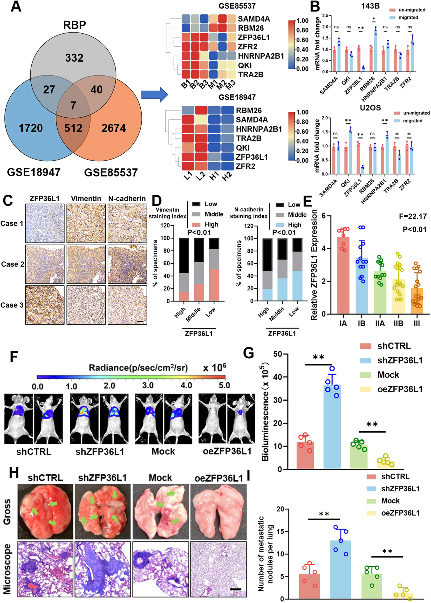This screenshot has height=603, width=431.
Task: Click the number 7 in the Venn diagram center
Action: (73, 106)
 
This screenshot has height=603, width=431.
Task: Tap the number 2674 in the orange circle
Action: (114, 128)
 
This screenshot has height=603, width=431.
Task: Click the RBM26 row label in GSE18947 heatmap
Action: (249, 110)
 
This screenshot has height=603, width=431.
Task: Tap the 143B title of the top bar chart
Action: (370, 6)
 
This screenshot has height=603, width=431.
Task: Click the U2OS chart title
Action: (370, 108)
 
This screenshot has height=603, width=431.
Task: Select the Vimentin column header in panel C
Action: (86, 199)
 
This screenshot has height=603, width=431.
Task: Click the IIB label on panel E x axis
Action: (398, 323)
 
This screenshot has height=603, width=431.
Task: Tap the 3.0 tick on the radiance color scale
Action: (148, 385)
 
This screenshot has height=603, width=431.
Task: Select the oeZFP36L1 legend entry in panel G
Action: (400, 389)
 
